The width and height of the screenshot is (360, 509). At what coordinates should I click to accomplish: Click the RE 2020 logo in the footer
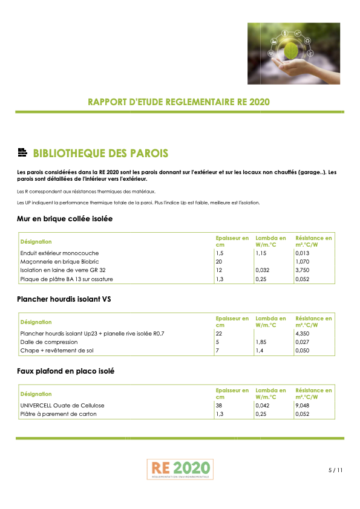point(180,469)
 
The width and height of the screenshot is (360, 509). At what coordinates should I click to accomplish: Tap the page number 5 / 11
point(335,470)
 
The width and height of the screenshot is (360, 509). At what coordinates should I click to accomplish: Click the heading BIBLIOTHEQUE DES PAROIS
point(100,153)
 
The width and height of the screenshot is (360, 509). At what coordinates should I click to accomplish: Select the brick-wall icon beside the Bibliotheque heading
point(23,153)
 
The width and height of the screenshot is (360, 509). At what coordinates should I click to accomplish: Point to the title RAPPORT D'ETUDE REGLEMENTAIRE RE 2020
point(179,102)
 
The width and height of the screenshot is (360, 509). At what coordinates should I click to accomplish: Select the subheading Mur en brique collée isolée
point(65,218)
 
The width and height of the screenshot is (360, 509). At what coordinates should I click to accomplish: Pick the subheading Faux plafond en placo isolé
point(65,371)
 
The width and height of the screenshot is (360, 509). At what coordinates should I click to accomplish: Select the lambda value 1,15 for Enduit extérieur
point(261,253)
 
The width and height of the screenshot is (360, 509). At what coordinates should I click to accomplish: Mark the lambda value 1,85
point(261,342)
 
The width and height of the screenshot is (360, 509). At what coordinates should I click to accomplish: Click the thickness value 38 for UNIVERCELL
point(219,406)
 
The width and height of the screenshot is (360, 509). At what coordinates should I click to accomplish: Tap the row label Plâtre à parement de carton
point(58,414)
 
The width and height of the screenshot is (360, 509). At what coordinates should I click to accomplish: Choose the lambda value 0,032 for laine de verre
point(263,270)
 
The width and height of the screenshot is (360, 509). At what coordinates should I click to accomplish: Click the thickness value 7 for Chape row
point(218,351)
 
